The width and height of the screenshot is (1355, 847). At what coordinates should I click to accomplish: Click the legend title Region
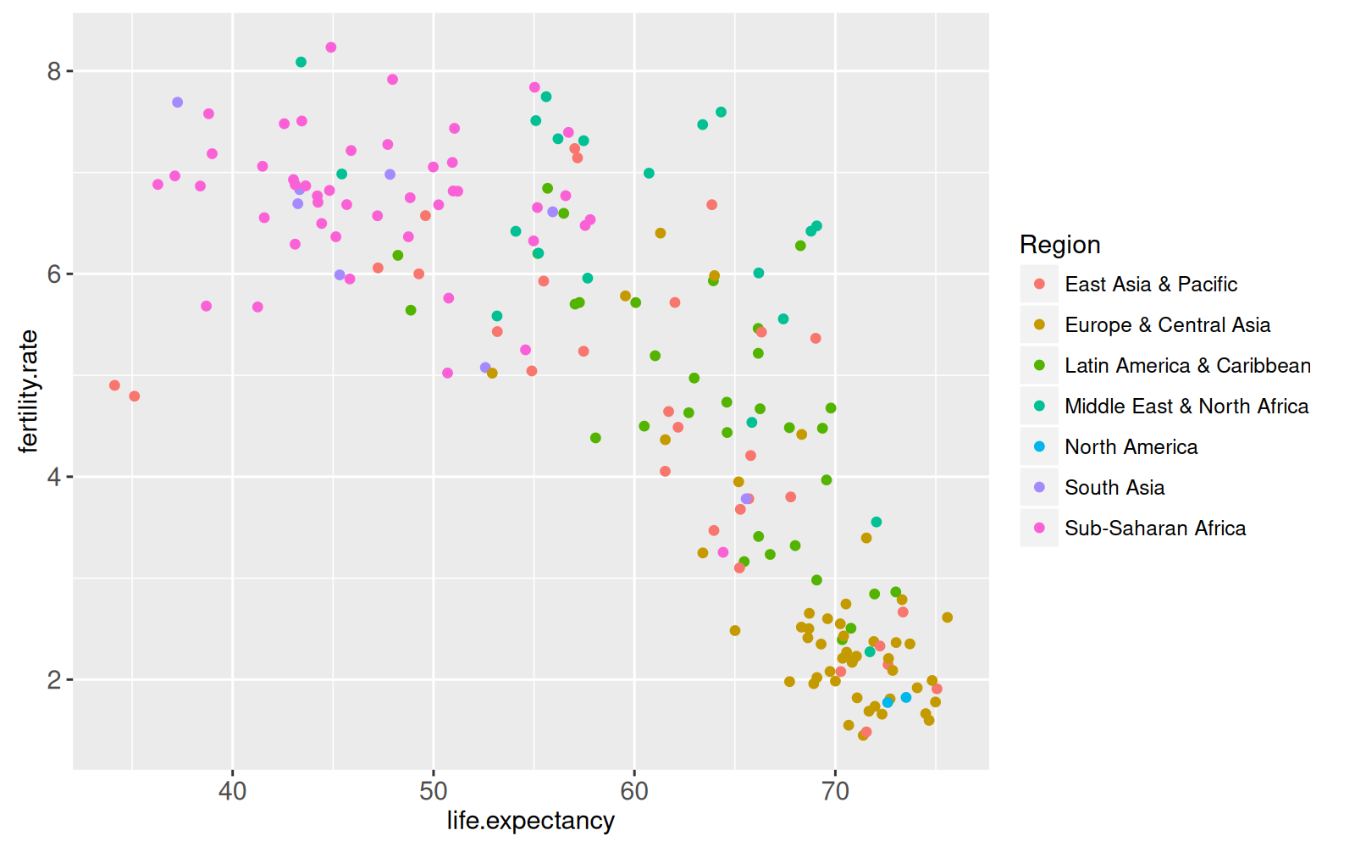tap(1059, 245)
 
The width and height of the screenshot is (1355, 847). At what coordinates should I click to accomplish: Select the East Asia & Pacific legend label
tap(1150, 285)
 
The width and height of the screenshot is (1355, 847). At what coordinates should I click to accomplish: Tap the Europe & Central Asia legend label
tap(1167, 325)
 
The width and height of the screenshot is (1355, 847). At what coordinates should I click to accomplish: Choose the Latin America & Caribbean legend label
tap(1187, 366)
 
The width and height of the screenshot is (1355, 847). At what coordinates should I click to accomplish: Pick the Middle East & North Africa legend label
tap(1186, 407)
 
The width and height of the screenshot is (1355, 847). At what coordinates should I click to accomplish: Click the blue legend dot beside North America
tap(1039, 447)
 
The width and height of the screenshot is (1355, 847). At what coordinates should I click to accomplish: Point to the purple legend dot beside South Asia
tap(1039, 488)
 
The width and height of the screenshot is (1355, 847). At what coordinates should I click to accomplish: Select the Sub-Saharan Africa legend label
tap(1154, 529)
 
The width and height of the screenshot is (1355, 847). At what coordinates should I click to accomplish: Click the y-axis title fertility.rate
tap(29, 391)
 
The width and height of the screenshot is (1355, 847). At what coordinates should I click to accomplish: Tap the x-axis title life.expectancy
tap(530, 821)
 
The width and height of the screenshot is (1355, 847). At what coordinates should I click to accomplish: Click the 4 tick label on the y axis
tap(55, 477)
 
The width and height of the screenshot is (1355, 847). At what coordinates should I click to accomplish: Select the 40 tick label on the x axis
tap(232, 791)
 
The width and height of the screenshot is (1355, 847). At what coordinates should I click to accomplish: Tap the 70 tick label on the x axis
tap(835, 791)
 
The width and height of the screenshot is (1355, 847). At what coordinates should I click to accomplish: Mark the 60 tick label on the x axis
tap(634, 791)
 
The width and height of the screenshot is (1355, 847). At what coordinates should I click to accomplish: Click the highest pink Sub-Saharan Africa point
tap(331, 47)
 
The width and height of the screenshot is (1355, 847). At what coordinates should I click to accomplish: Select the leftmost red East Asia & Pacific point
tap(114, 385)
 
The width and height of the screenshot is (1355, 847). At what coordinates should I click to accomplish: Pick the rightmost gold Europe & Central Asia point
tap(947, 617)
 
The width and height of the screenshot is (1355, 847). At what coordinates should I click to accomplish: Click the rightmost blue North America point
tap(906, 697)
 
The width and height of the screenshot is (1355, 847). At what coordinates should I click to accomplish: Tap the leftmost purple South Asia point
tap(177, 102)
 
